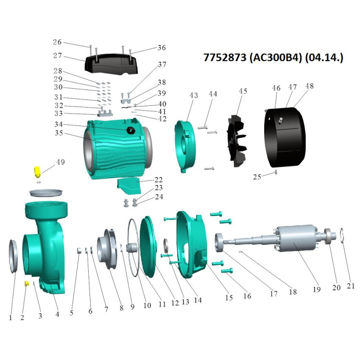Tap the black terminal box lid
click(112, 63)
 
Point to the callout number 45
click(243, 91)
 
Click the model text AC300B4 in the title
click(275, 58)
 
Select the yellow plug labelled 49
click(37, 172)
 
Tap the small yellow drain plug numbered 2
click(27, 283)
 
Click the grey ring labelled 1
click(13, 256)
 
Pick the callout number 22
click(158, 180)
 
